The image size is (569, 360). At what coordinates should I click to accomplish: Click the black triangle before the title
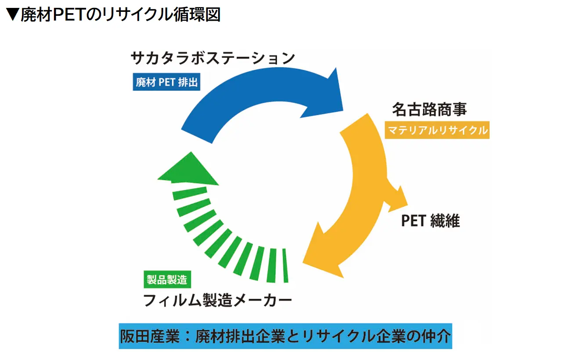(13, 14)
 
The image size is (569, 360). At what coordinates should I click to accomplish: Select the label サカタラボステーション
(213, 58)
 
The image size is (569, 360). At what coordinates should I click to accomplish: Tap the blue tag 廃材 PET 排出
(166, 82)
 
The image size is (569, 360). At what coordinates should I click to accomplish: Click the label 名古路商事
(429, 109)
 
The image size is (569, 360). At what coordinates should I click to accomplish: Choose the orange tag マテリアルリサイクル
(437, 130)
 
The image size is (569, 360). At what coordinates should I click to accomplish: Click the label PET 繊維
(430, 221)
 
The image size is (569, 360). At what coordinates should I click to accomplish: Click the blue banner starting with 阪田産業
(285, 337)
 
